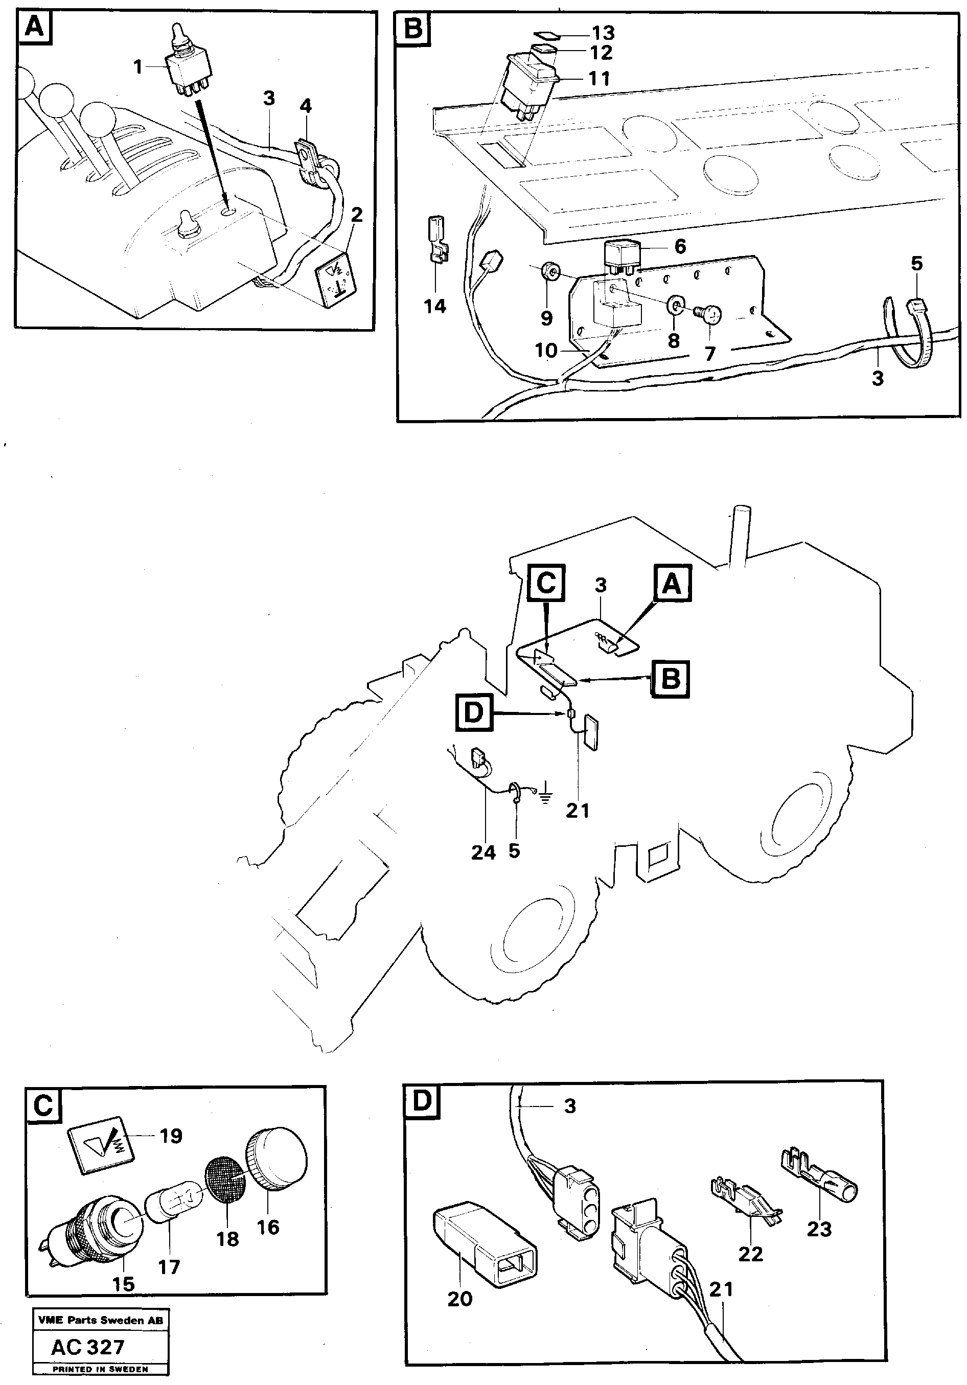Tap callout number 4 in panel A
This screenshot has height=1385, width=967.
pyautogui.click(x=306, y=106)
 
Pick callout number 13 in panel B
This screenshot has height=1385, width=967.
pyautogui.click(x=603, y=33)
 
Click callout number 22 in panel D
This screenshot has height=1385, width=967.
pyautogui.click(x=750, y=1254)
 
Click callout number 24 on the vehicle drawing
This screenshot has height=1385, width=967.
pyautogui.click(x=483, y=852)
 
